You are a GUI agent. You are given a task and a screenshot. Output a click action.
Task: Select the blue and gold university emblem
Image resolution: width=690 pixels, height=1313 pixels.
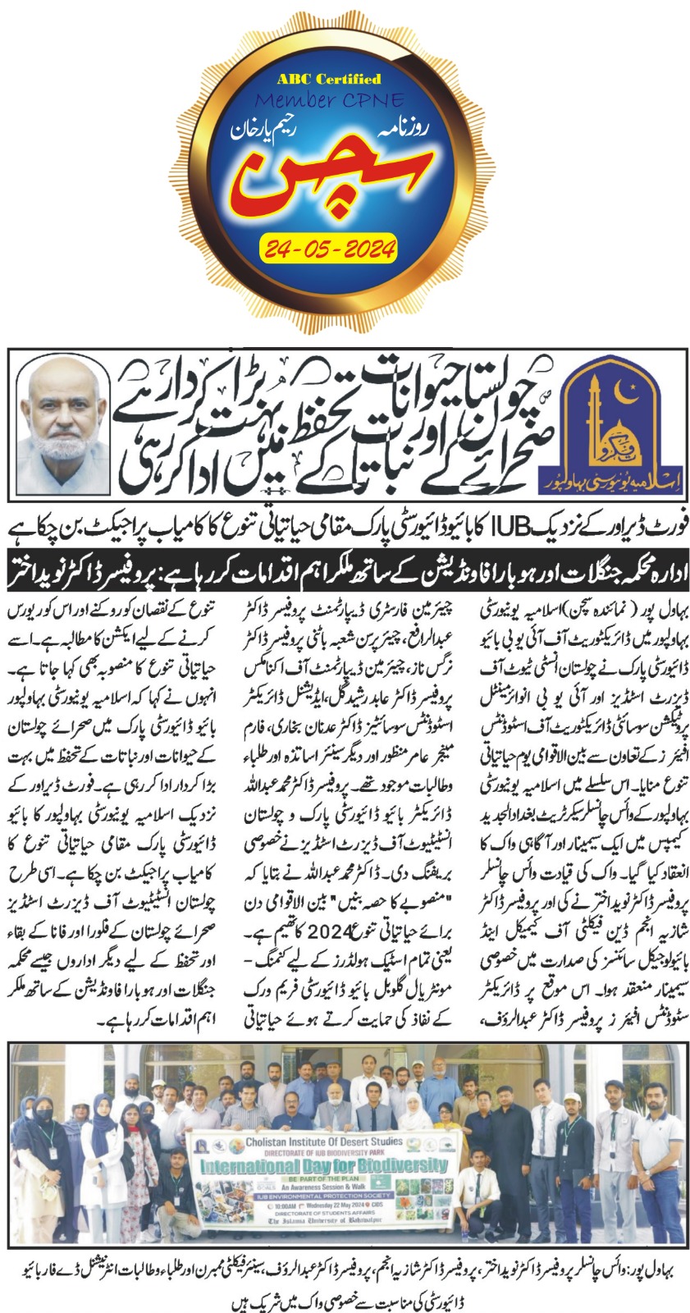[619, 422]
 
